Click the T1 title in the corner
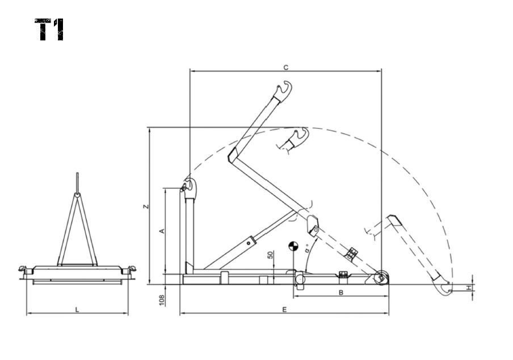tap(49, 29)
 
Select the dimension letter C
tap(285, 67)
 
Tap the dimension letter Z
tap(146, 206)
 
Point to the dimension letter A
tap(162, 231)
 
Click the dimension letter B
tap(341, 293)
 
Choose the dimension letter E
tap(284, 310)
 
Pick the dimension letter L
tap(77, 310)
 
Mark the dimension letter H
tap(469, 288)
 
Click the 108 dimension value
tap(162, 300)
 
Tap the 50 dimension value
tap(271, 255)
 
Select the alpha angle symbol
tap(307, 250)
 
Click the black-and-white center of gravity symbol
tap(293, 246)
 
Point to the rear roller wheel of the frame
tap(381, 278)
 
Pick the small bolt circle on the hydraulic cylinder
tap(249, 243)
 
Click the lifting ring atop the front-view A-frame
tap(77, 195)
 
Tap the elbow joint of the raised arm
tap(233, 155)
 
